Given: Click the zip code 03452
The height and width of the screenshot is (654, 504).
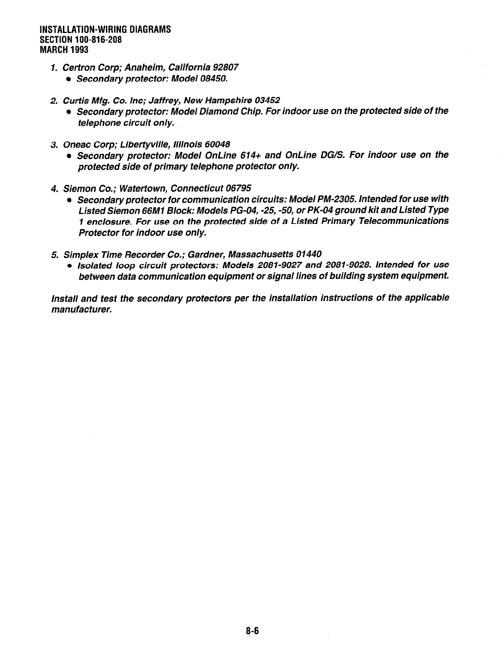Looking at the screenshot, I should click(x=267, y=100).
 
